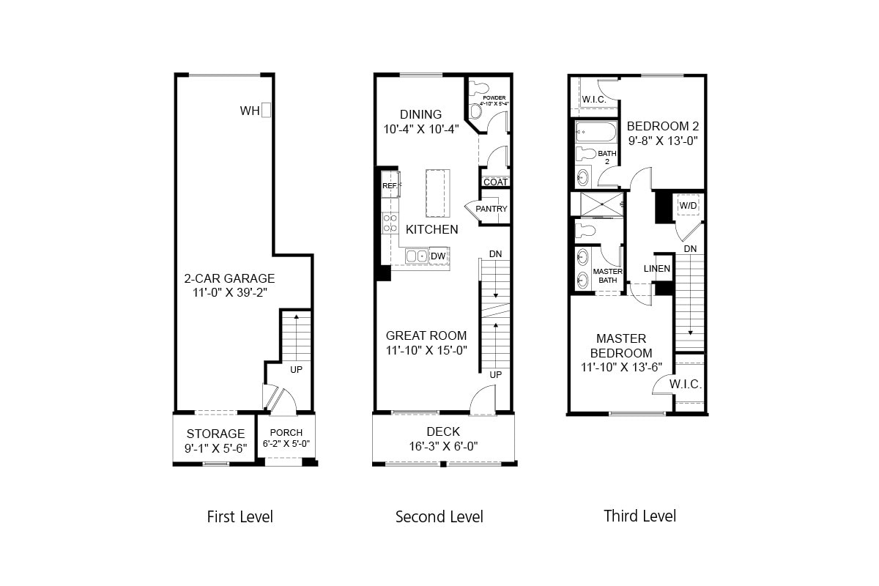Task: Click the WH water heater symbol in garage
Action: point(267,110)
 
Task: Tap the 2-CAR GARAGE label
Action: point(229,278)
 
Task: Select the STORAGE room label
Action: point(215,434)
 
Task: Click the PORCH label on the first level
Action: point(286,433)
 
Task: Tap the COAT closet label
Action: point(495,182)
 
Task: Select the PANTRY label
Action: point(491,209)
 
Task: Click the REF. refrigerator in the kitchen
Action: point(390,186)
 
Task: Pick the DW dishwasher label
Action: point(438,256)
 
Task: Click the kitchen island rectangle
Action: point(437,193)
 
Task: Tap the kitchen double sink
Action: point(417,256)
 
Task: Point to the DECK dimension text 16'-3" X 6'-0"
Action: point(443,446)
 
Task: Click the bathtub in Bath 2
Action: point(596,133)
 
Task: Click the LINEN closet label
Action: point(656,269)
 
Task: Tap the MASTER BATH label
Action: point(607,275)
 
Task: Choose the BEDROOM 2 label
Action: point(662,125)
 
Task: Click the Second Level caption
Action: point(439,516)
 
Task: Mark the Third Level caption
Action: point(639,516)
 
